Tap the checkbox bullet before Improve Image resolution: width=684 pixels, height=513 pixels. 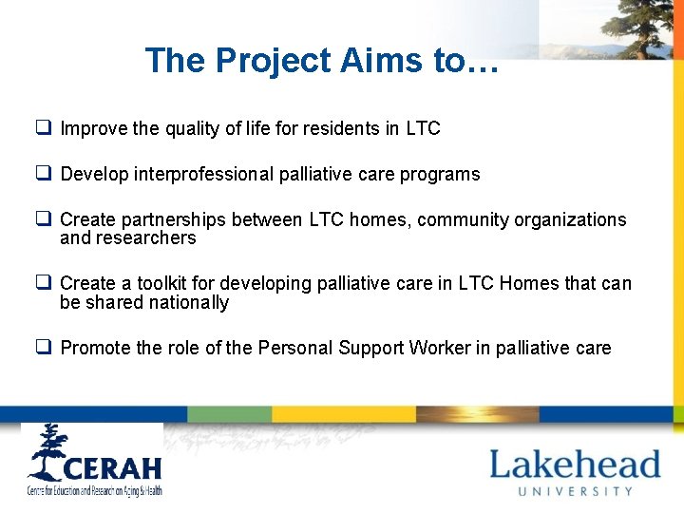(x=44, y=127)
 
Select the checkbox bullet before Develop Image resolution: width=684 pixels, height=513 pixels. (x=44, y=174)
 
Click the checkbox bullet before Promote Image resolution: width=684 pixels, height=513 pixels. (x=44, y=348)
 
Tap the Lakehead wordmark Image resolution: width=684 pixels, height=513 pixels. (x=575, y=465)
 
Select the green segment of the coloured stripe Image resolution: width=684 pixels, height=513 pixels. (x=229, y=414)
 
